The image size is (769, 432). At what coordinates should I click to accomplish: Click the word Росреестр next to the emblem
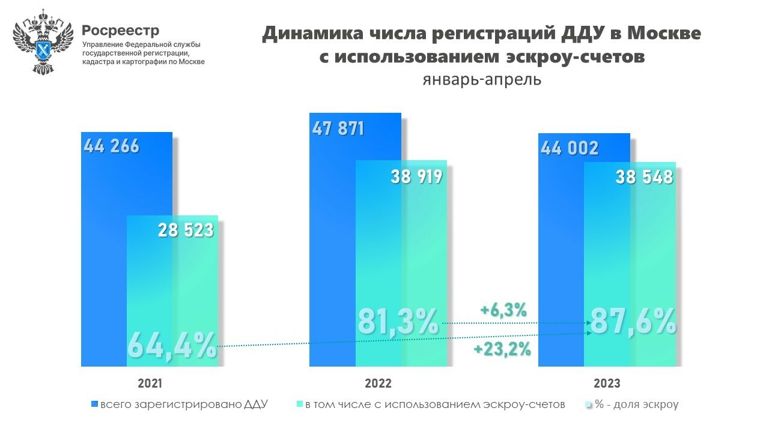pos(121,31)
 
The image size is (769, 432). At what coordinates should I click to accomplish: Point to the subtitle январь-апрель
pos(481,80)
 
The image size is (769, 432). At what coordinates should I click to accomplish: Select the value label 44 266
pos(112,146)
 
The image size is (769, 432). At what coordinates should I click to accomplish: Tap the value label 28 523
pos(186,229)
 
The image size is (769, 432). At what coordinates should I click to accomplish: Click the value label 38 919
pos(416,176)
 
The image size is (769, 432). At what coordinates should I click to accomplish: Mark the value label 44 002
pos(569,148)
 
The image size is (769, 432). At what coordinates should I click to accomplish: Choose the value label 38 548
pos(645,176)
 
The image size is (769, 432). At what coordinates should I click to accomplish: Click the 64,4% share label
pos(172,346)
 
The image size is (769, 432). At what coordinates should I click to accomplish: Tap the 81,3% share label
pos(398,322)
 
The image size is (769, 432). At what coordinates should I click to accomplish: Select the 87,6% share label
pos(633,322)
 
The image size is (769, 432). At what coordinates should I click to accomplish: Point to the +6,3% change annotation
pos(503,310)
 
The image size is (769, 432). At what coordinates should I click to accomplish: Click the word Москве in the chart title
pos(664,34)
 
